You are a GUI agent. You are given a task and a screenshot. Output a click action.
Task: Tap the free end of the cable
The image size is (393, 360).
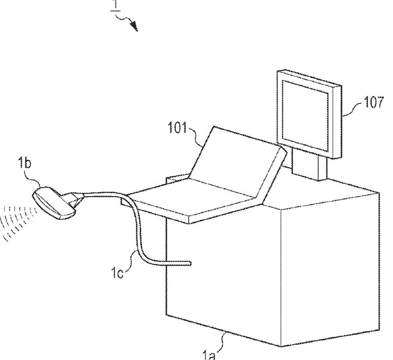188,263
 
